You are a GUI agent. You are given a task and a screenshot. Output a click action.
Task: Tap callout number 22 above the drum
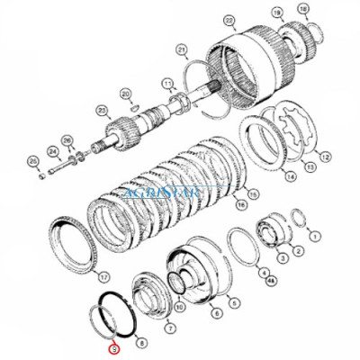205,19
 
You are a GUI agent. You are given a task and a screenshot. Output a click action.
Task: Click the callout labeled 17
103,276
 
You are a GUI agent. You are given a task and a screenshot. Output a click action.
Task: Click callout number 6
216,314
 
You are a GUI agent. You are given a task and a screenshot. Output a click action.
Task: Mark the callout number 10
180,306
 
